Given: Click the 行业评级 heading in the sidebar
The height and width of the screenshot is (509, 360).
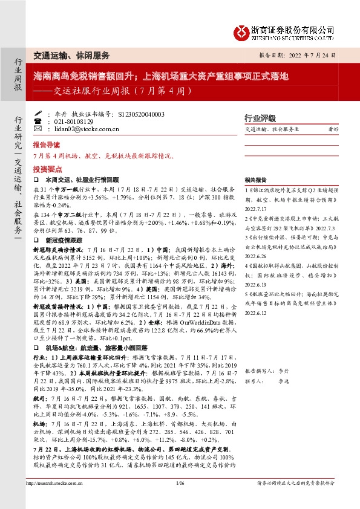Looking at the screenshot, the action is coord(259,117).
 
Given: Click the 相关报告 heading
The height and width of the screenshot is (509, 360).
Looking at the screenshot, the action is coord(256,180).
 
